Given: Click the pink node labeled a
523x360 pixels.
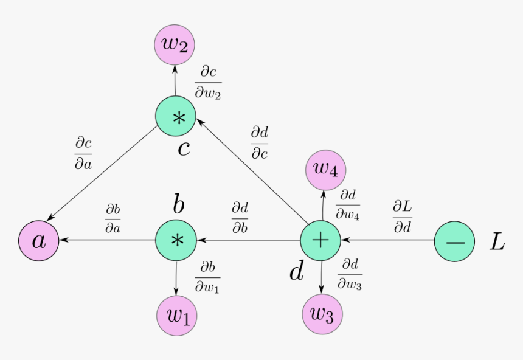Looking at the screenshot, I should tap(38, 241).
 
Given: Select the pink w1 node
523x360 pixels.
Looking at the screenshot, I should tap(176, 316).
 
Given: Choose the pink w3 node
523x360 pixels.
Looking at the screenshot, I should tap(322, 314).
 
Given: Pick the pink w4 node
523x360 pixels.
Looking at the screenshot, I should tap(325, 169).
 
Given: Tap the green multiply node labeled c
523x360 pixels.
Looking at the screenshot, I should tap(176, 117).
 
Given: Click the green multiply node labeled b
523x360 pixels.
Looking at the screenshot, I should tap(176, 241).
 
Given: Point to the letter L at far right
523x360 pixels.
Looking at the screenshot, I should tap(497, 242).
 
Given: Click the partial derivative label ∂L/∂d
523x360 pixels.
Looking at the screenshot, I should tap(402, 216).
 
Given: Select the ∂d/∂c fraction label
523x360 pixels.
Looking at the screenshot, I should tap(259, 143).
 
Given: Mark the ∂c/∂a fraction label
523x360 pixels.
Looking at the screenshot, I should tap(83, 153).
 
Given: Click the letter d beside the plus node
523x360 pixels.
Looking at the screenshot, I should tap(296, 271).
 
